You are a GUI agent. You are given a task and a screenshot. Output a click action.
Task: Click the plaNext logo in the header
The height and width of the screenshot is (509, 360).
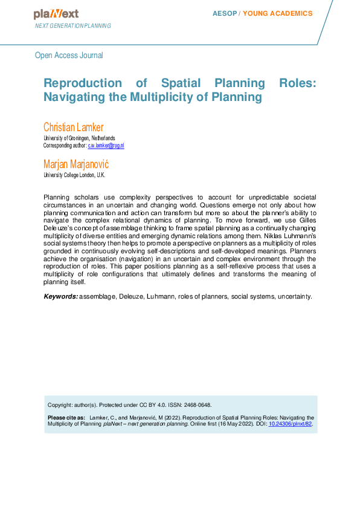point(56,14)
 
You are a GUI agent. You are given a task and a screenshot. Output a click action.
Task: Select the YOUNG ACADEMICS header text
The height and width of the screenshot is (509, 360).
point(278,13)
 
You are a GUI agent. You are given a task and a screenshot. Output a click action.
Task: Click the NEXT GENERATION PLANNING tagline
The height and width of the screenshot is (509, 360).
point(73,26)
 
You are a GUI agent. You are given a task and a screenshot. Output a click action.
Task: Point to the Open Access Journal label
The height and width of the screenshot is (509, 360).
point(69,55)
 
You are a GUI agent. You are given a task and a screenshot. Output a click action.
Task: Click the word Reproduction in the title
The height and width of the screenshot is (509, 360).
point(81,83)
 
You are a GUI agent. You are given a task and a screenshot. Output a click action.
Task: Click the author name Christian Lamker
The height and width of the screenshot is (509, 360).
point(73,127)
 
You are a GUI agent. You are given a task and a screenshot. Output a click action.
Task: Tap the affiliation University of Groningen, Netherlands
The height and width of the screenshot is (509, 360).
point(79,138)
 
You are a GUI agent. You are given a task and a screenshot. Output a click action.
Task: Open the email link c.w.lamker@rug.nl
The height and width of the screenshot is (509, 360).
point(106,146)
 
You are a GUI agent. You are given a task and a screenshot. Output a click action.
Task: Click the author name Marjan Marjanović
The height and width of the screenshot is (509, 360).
point(76,164)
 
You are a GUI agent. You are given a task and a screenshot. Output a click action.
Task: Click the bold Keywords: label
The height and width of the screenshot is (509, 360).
point(60,296)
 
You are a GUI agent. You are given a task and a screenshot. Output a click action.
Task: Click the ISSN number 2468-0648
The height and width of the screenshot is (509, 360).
point(195,405)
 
